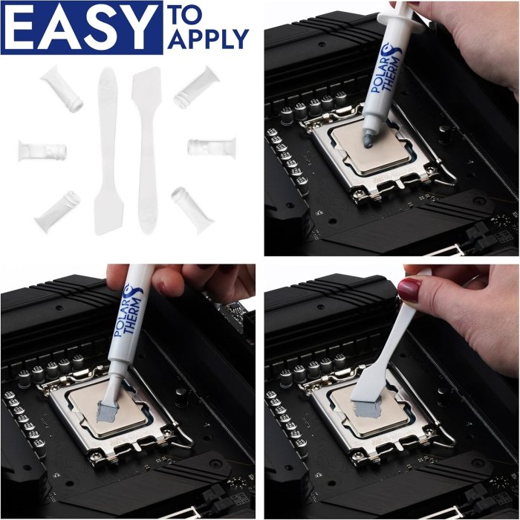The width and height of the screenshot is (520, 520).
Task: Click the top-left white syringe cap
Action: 62,89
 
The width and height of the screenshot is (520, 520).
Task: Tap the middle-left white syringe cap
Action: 42,150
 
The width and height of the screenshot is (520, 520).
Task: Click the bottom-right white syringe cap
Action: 192,207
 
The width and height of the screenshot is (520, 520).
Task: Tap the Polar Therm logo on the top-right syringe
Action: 386,70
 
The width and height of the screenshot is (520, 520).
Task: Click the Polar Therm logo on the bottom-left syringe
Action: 129,310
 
